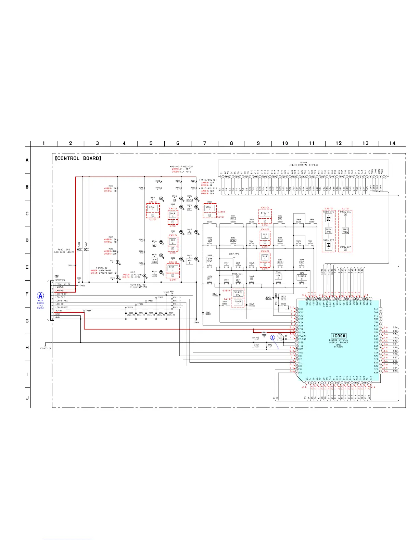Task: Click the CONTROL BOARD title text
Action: [x=78, y=158]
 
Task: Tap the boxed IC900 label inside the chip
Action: [x=339, y=336]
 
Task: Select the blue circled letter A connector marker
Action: [x=40, y=296]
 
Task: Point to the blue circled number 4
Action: [x=273, y=337]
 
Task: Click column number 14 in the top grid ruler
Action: [x=392, y=143]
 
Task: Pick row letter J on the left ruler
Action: [x=27, y=398]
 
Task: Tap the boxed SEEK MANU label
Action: [x=345, y=231]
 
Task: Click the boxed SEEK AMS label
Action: [x=329, y=231]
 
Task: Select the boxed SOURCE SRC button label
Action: [x=238, y=294]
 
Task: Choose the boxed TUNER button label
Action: [x=238, y=302]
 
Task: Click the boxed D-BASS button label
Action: [x=302, y=277]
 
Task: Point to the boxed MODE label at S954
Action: [x=233, y=240]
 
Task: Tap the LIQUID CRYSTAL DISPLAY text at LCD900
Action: [x=304, y=165]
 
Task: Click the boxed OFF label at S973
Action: [x=283, y=299]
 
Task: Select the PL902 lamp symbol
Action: [x=79, y=250]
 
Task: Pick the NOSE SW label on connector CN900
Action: [x=60, y=281]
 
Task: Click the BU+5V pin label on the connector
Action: [x=59, y=311]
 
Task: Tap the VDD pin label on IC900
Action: [x=302, y=329]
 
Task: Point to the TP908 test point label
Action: [x=196, y=322]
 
